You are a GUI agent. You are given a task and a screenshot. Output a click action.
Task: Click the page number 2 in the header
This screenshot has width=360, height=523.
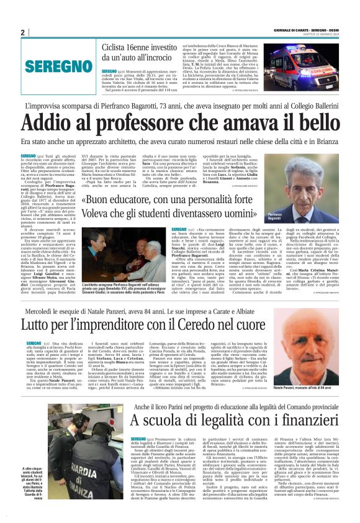pyautogui.click(x=22, y=32)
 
